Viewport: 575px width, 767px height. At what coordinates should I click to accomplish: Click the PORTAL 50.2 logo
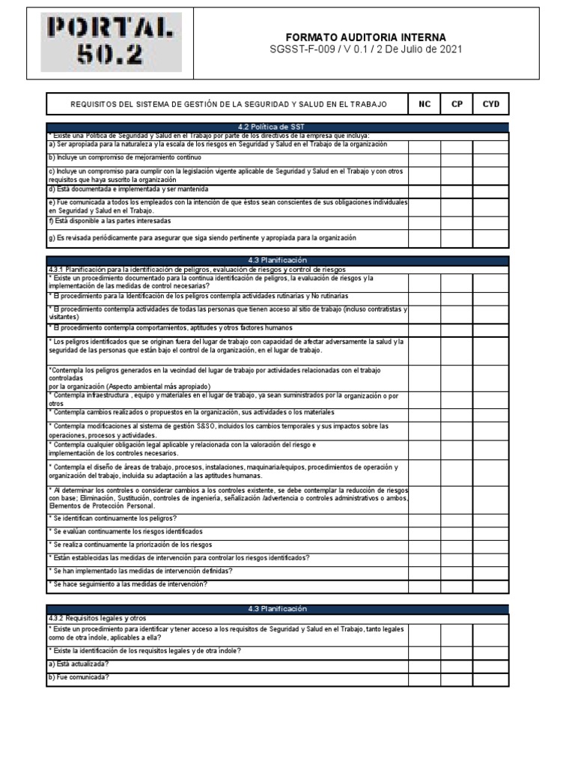point(111,43)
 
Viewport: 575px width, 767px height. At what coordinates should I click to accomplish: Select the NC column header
point(424,104)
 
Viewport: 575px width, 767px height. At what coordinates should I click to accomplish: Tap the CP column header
point(456,104)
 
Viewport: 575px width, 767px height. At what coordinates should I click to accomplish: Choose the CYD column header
point(490,104)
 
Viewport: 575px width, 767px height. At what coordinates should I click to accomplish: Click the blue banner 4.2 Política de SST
point(278,127)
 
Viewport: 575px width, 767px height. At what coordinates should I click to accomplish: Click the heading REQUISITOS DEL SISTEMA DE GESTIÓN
point(228,104)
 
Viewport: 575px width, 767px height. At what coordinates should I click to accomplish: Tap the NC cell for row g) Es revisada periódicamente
point(424,237)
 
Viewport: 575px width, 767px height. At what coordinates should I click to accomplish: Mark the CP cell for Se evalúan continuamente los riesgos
point(456,532)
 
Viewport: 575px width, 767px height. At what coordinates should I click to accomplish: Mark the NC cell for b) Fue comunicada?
point(424,678)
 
